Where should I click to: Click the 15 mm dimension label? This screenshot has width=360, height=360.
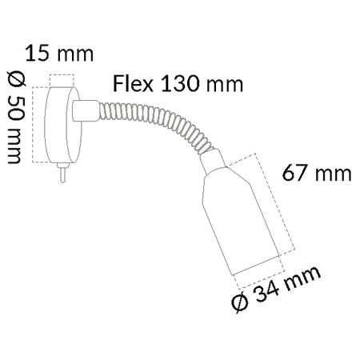tap(59, 54)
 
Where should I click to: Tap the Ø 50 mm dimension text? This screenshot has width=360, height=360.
tap(17, 118)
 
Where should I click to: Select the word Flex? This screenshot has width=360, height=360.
tap(133, 84)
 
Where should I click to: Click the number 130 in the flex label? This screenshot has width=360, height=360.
tap(180, 84)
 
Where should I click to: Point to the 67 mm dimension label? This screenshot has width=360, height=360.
tap(317, 173)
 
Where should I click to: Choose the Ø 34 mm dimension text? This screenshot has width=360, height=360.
tap(276, 289)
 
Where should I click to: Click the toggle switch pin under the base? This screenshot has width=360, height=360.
tap(62, 173)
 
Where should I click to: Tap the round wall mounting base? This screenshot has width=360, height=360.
tap(62, 125)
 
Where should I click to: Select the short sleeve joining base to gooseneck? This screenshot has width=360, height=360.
tap(86, 110)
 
